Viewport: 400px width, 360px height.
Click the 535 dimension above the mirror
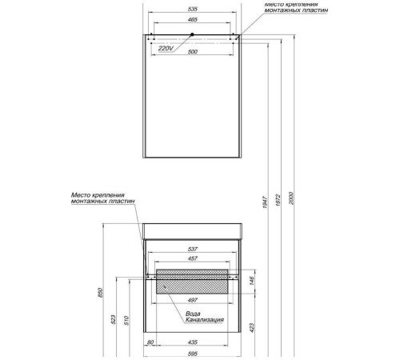pos(192,9)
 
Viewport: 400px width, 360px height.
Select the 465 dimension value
pos(192,20)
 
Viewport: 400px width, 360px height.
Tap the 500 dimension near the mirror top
pos(192,52)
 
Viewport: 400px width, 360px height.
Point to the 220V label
pos(166,48)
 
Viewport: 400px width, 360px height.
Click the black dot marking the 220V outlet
pos(192,34)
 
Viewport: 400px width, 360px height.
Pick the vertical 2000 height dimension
pos(291,198)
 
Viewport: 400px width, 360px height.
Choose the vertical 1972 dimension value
pos(278,202)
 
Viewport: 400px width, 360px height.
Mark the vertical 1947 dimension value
pos(265,202)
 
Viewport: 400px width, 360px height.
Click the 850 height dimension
pos(100,293)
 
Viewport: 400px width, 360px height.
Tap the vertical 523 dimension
pos(113,319)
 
